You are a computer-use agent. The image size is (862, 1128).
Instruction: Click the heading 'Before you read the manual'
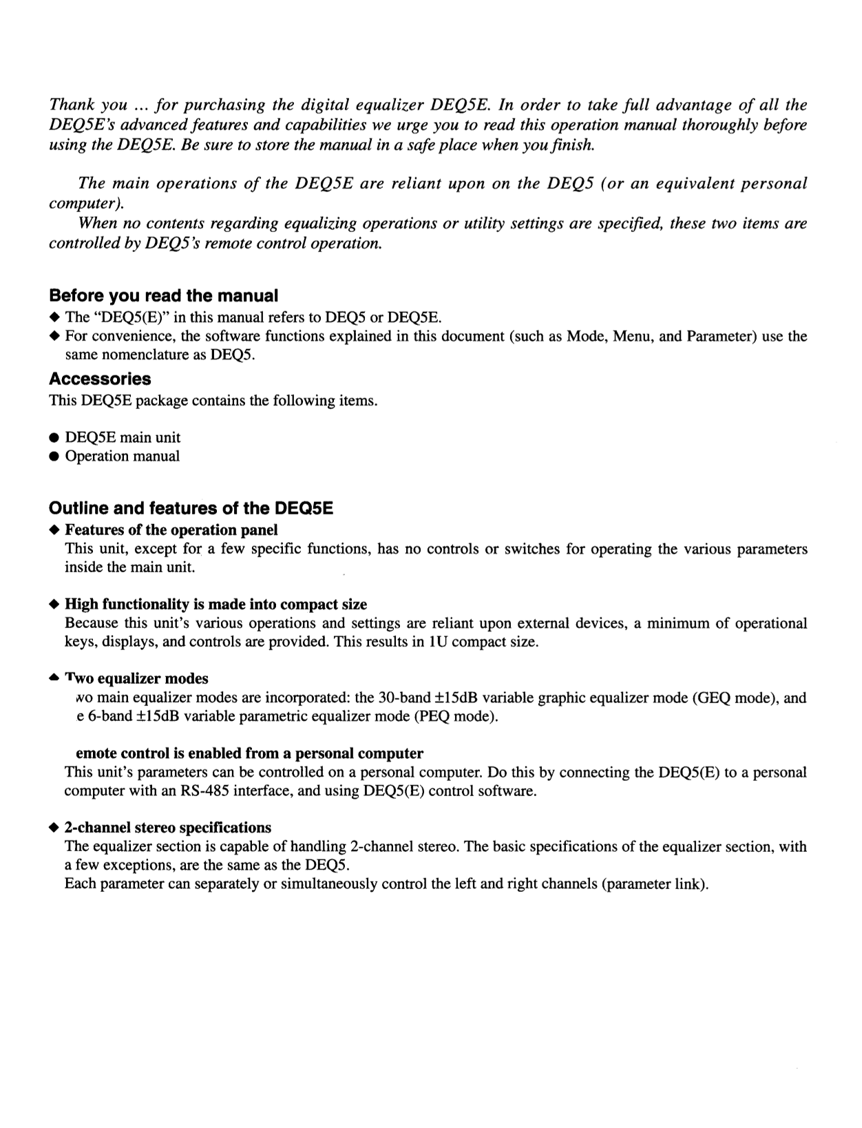[163, 296]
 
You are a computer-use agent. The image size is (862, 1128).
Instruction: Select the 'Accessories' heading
[100, 379]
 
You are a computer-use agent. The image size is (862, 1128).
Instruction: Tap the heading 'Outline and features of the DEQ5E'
[191, 508]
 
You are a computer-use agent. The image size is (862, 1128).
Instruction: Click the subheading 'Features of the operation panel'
[171, 530]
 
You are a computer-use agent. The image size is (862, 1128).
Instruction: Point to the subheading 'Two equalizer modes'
[136, 678]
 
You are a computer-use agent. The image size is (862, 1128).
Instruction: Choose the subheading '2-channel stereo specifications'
[168, 827]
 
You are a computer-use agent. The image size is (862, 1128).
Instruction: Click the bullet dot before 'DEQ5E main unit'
[54, 438]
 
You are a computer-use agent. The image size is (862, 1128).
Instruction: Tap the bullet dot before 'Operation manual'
[54, 457]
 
